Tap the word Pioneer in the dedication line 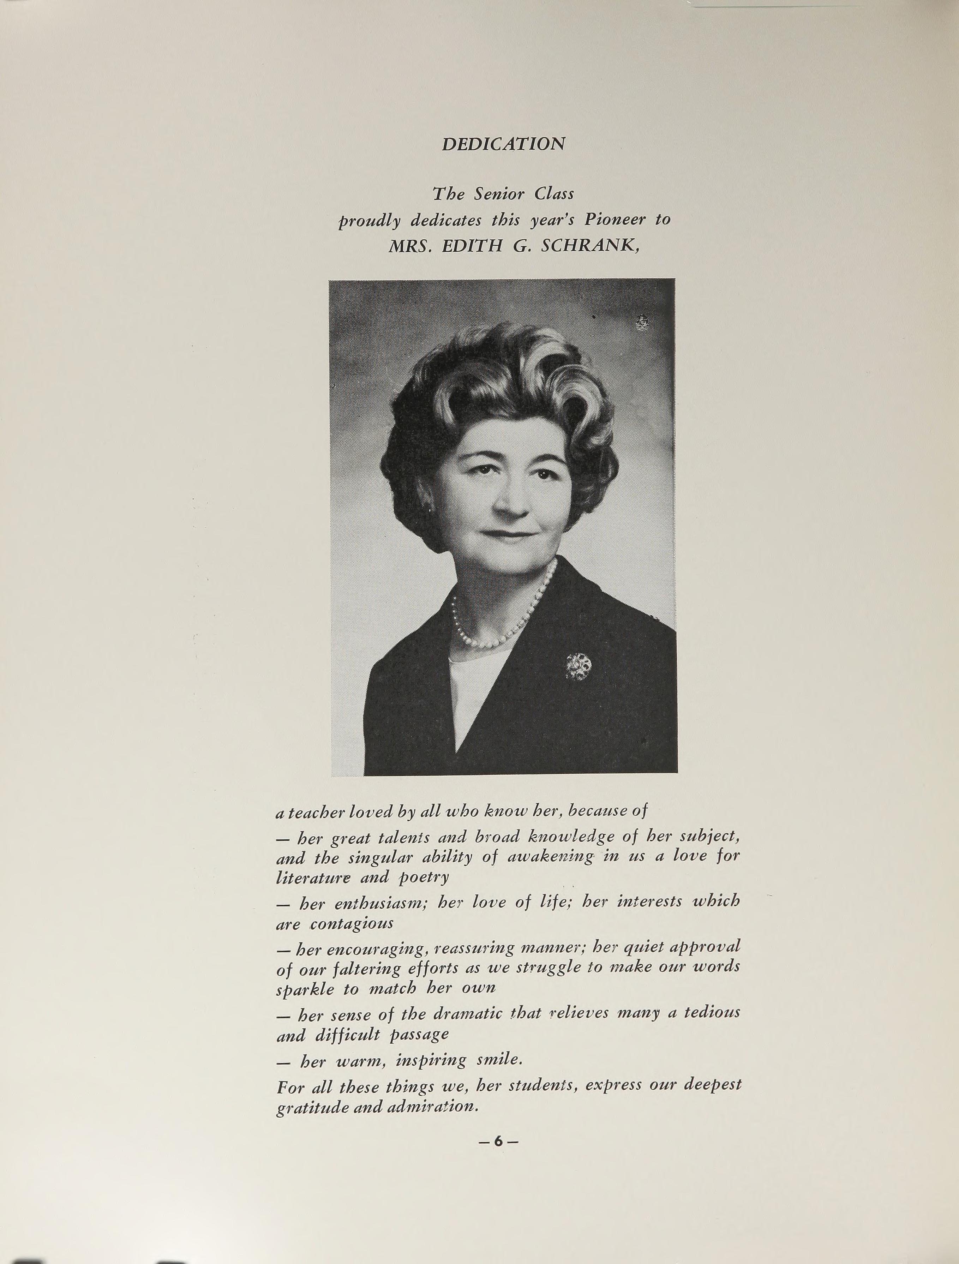tap(615, 220)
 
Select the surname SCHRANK tap(589, 246)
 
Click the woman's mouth tap(509, 536)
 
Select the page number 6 tap(498, 1140)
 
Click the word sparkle tap(305, 989)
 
